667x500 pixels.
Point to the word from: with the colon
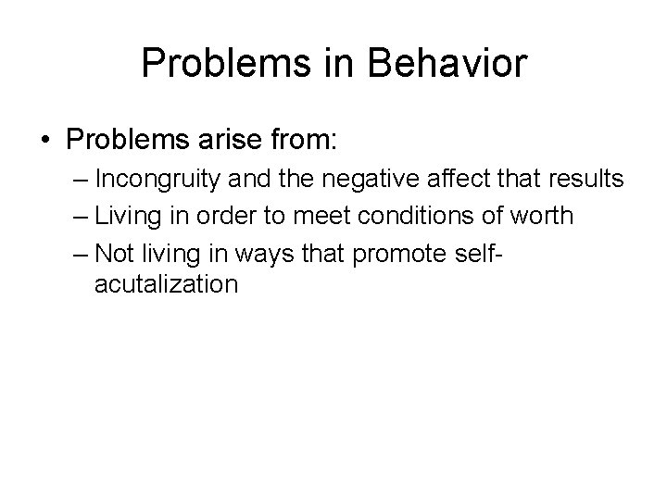point(306,142)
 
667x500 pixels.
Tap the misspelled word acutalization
point(166,283)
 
